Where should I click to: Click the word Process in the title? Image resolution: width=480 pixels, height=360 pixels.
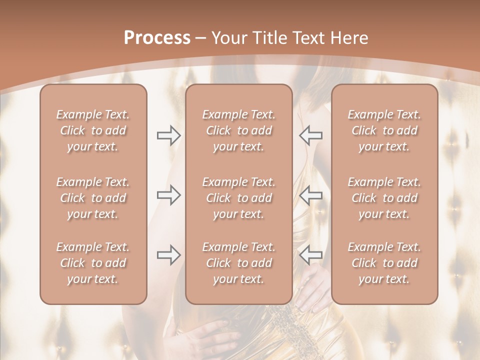[157, 38]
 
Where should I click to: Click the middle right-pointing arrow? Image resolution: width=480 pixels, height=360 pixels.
[169, 195]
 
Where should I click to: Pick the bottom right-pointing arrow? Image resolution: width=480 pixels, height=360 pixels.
[169, 255]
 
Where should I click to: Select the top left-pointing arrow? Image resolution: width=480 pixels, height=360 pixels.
[311, 135]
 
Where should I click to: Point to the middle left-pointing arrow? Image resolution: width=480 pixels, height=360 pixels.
[311, 195]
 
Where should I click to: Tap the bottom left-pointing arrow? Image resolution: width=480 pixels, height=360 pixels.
[311, 255]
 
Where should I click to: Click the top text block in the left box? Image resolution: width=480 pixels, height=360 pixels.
[93, 130]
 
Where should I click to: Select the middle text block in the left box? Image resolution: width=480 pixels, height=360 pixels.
[93, 198]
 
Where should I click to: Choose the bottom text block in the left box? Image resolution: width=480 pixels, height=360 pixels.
[93, 263]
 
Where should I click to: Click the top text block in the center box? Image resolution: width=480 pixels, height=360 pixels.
[239, 130]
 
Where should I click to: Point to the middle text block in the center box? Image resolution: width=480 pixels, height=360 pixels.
[239, 198]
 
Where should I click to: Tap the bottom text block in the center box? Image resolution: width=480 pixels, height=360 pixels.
[239, 263]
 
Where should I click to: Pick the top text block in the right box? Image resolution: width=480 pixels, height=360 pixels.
[384, 130]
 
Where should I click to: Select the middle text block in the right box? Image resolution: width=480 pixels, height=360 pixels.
[384, 198]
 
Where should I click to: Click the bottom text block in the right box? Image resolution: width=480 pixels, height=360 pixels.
[384, 263]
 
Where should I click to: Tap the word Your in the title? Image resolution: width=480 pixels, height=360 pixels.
[228, 38]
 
